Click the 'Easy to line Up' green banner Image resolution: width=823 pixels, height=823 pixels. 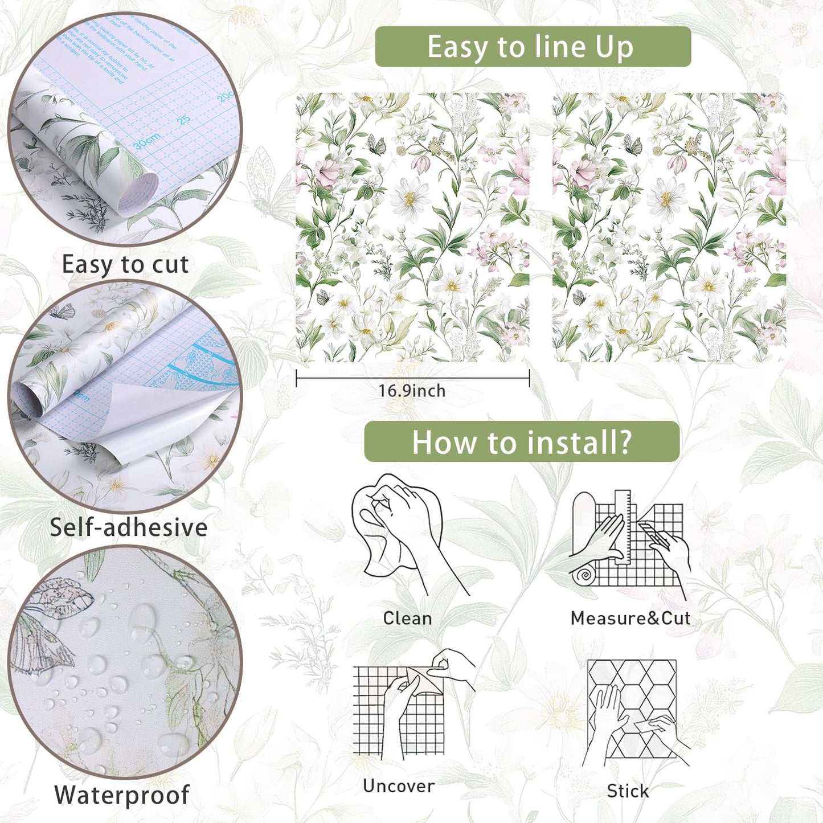tap(533, 47)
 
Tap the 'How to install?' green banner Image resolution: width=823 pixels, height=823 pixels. tap(522, 442)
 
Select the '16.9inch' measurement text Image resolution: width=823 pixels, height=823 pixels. tap(412, 391)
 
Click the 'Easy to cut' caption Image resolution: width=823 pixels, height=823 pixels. tap(125, 265)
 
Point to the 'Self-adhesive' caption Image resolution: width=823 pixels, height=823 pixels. tap(128, 527)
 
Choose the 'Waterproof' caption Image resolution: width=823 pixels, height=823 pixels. tap(122, 795)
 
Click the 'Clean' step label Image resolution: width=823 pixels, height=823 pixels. tap(407, 618)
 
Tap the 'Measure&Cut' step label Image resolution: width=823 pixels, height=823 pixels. tap(630, 618)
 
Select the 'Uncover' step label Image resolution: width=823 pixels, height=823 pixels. tap(398, 786)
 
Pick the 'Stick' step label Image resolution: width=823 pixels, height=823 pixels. tap(627, 791)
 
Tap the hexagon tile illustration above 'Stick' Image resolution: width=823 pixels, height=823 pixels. tap(632, 709)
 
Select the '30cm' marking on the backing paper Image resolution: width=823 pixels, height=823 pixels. tap(146, 141)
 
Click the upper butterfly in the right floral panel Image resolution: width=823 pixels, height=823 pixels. tap(632, 145)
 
